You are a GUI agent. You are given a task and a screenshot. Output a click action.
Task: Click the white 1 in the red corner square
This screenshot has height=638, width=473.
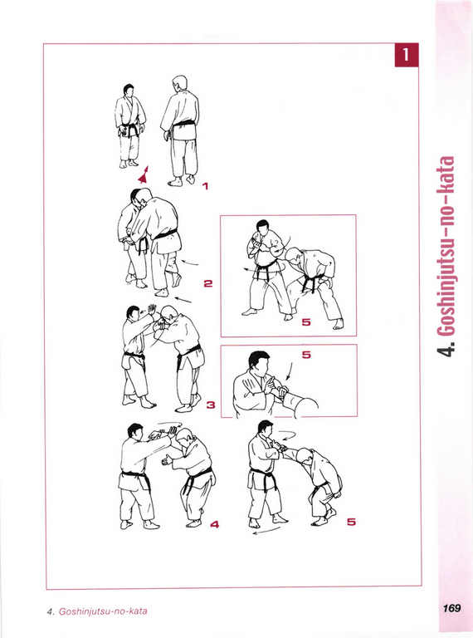(x=406, y=54)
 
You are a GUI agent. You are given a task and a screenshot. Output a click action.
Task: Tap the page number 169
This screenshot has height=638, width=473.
(x=451, y=608)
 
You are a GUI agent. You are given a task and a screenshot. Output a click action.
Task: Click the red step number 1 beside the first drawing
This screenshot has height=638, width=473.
(x=205, y=186)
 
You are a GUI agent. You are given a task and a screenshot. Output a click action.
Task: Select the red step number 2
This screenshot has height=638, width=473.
(x=208, y=283)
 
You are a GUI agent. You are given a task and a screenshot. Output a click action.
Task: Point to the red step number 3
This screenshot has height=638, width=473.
(x=211, y=405)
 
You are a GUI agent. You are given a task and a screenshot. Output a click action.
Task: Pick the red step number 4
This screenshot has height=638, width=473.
(x=215, y=524)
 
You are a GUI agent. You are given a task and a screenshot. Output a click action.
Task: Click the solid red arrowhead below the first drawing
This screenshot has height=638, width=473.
(x=143, y=175)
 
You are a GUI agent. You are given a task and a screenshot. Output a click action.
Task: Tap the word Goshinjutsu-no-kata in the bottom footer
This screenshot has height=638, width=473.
(x=103, y=611)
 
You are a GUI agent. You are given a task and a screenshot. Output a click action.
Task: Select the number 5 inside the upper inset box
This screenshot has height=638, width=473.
(x=306, y=322)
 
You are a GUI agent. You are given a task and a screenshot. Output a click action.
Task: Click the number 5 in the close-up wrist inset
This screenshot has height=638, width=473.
(x=306, y=355)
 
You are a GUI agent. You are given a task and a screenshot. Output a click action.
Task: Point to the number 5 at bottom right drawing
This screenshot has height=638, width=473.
(x=351, y=522)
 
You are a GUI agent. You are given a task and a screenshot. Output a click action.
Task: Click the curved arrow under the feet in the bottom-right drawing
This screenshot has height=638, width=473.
(x=266, y=531)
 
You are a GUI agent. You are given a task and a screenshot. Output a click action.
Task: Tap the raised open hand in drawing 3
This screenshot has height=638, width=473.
(x=152, y=310)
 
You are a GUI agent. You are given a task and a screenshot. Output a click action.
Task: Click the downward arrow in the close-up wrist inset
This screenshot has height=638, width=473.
(x=289, y=371)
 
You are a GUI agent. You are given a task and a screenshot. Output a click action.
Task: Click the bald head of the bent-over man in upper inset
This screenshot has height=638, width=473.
(x=293, y=257)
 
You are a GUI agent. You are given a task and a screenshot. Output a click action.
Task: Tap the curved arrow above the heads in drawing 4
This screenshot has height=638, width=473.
(x=169, y=424)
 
